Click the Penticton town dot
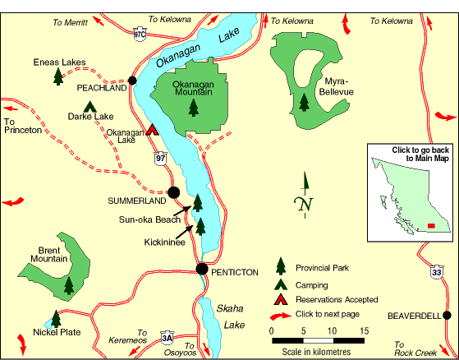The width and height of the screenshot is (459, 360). pyautogui.click(x=202, y=269)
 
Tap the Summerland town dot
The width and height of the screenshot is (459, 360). pyautogui.click(x=173, y=193)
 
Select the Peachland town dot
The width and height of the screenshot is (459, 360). pyautogui.click(x=131, y=80)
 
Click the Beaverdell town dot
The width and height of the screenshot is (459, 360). pyautogui.click(x=446, y=315)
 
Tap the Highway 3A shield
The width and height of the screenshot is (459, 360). pyautogui.click(x=167, y=336)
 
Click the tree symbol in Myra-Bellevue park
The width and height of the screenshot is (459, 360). pyautogui.click(x=305, y=102)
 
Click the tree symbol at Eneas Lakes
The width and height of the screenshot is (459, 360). pyautogui.click(x=58, y=76)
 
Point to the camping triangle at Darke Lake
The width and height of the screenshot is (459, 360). pyautogui.click(x=90, y=105)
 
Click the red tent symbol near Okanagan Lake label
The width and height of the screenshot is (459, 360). pyautogui.click(x=152, y=129)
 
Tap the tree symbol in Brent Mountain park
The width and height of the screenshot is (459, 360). pyautogui.click(x=69, y=284)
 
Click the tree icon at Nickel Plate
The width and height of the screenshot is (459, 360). pyautogui.click(x=56, y=318)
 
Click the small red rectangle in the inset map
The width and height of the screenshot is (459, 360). pyautogui.click(x=431, y=224)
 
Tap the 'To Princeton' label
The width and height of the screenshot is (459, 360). pyautogui.click(x=21, y=126)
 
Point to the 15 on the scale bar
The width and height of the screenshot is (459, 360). pyautogui.click(x=362, y=330)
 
